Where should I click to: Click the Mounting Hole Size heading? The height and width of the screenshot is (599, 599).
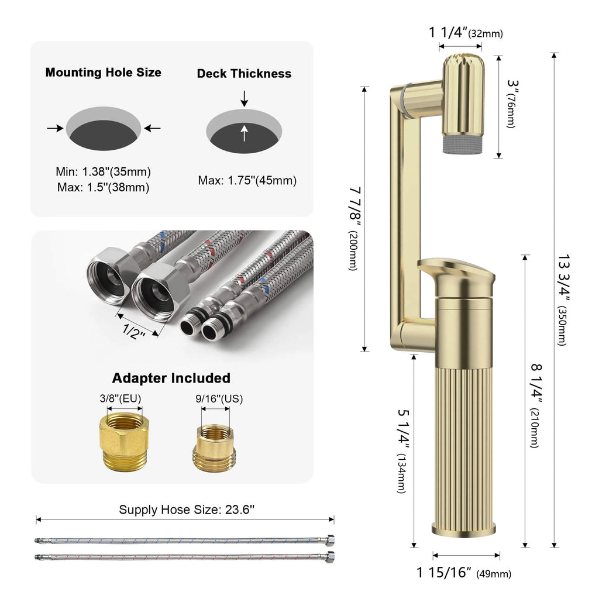point(104,73)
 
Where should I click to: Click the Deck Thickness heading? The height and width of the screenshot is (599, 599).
point(244,73)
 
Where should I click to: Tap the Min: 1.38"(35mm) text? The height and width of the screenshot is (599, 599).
point(104,172)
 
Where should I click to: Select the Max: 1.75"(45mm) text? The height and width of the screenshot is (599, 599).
point(247,181)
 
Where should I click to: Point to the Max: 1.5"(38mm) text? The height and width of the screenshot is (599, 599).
point(104,187)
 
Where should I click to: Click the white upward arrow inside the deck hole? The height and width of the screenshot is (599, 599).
point(245,134)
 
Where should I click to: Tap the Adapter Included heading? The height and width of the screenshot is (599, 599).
point(171,378)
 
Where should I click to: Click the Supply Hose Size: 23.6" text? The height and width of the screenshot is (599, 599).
point(187,510)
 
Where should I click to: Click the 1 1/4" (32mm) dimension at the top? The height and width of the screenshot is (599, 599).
point(466,33)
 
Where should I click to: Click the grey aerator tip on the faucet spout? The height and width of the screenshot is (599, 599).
point(459,144)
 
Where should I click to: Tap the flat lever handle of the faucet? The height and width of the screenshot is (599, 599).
point(456,271)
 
